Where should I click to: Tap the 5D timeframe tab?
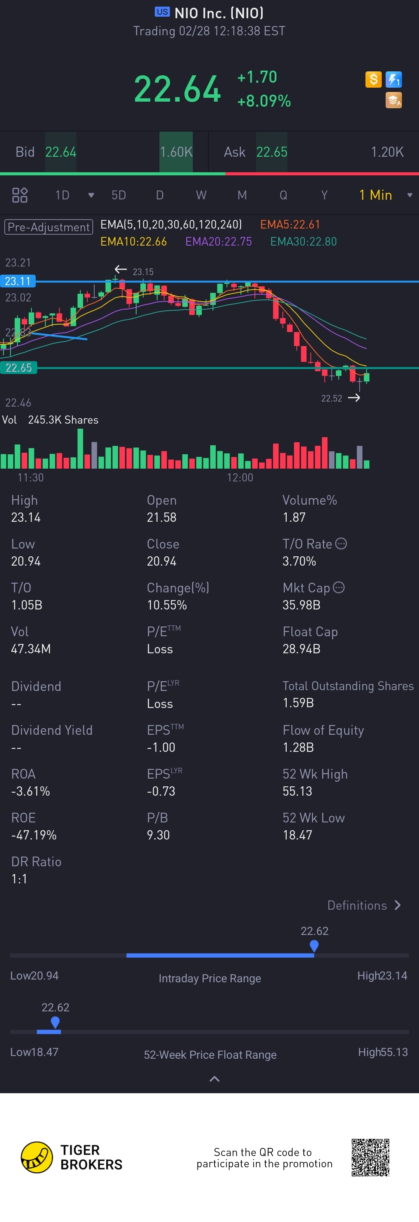pyautogui.click(x=119, y=195)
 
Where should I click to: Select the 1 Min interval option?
pyautogui.click(x=375, y=195)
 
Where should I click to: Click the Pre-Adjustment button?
pyautogui.click(x=48, y=227)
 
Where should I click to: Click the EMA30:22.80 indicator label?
pyautogui.click(x=303, y=241)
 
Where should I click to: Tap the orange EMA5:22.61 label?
pyautogui.click(x=290, y=224)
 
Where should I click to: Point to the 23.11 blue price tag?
pyautogui.click(x=18, y=281)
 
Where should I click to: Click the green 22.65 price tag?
pyautogui.click(x=19, y=368)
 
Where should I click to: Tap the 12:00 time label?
pyautogui.click(x=240, y=477)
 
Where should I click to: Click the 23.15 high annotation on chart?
pyautogui.click(x=143, y=272)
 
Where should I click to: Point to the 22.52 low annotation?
pyautogui.click(x=331, y=398)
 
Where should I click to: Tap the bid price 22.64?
pyautogui.click(x=61, y=152)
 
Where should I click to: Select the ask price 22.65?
pyautogui.click(x=272, y=152)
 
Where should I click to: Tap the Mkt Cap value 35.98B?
pyautogui.click(x=301, y=605)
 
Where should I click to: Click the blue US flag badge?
pyautogui.click(x=162, y=12)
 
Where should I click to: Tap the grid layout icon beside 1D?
pyautogui.click(x=20, y=195)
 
